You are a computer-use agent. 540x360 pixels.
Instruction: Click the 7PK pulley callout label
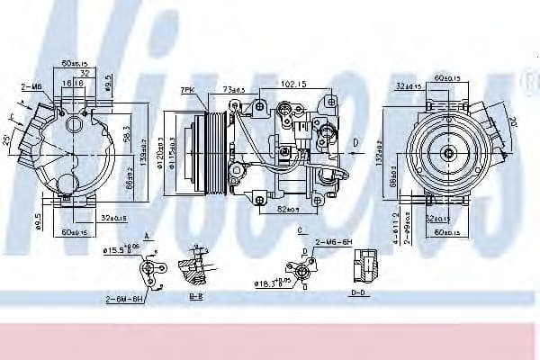click(187, 91)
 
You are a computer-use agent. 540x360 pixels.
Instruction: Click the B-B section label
click(195, 295)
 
